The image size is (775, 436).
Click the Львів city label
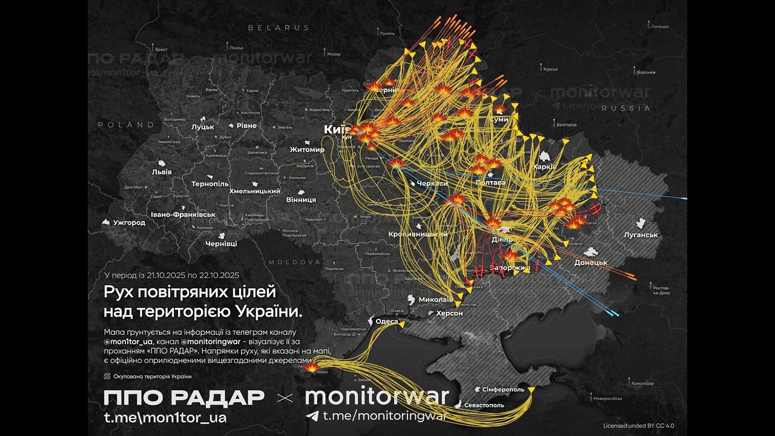pyautogui.click(x=162, y=171)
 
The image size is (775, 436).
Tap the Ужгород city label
pyautogui.click(x=129, y=222)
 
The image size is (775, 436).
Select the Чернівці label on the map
pyautogui.click(x=222, y=243)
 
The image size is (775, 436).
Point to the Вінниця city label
pyautogui.click(x=301, y=199)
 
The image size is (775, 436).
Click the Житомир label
pyautogui.click(x=307, y=150)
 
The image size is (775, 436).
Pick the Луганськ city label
pyautogui.click(x=642, y=234)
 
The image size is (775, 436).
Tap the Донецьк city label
pyautogui.click(x=592, y=262)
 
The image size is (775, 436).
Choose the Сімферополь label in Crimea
pyautogui.click(x=503, y=389)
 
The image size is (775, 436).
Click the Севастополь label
pyautogui.click(x=484, y=405)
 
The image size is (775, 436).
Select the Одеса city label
pyautogui.click(x=387, y=322)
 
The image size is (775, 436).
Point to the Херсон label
pyautogui.click(x=449, y=313)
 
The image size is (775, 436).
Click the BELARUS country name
pyautogui.click(x=279, y=28)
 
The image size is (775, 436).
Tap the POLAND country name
pyautogui.click(x=127, y=125)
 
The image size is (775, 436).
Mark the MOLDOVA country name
pyautogui.click(x=294, y=262)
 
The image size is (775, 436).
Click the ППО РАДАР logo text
pyautogui.click(x=184, y=398)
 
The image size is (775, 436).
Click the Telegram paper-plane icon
pyautogui.click(x=312, y=416)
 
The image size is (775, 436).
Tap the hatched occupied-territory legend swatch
pyautogui.click(x=107, y=377)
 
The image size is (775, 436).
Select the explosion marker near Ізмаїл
pyautogui.click(x=311, y=366)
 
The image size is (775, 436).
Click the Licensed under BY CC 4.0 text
pyautogui.click(x=638, y=425)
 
